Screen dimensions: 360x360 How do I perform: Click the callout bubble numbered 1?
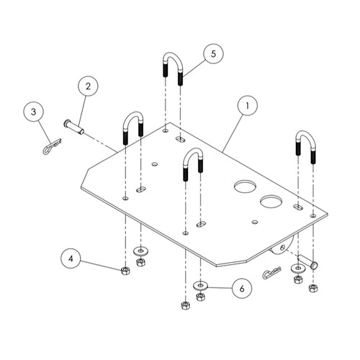coord(247,105)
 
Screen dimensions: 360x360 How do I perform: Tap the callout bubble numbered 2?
coord(88,86)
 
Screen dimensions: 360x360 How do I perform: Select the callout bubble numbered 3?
coord(34,112)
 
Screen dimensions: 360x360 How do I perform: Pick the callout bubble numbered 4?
coord(71,258)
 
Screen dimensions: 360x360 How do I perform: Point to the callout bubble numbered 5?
coord(213,53)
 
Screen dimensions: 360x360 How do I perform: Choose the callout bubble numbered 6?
coord(242,289)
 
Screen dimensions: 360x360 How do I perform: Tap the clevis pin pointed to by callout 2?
coord(74,127)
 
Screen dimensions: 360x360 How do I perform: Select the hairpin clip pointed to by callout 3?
coord(52,146)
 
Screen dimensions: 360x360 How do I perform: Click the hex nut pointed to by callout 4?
coord(125,271)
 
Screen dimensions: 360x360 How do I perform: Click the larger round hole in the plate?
coord(246,186)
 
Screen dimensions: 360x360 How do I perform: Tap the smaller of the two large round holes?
coord(271,201)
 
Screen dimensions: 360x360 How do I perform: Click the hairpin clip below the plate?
coord(272,273)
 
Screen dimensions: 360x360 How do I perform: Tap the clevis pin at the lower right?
coord(307,262)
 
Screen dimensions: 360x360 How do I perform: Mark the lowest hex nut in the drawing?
coord(185,305)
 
